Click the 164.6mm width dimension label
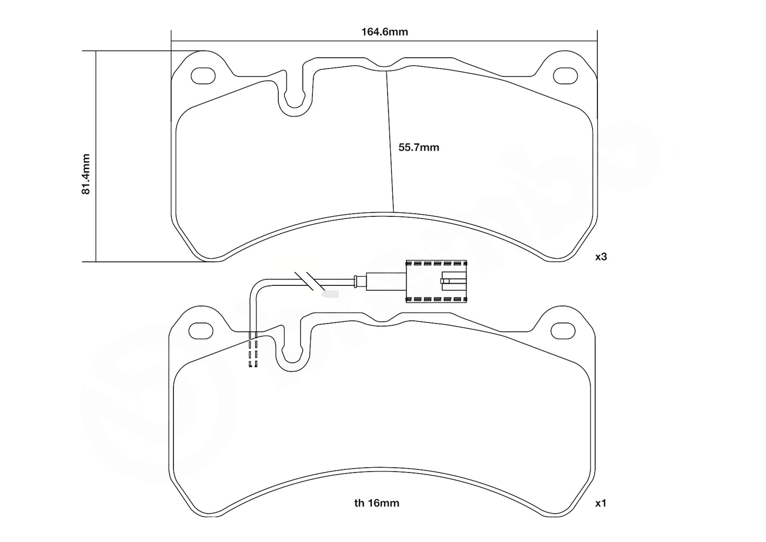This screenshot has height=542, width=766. tap(384, 32)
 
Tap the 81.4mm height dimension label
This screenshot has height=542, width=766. tap(86, 174)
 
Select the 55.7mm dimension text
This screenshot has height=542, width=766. tap(419, 147)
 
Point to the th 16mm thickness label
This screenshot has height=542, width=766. tap(376, 503)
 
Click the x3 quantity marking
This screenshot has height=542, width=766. tap(601, 257)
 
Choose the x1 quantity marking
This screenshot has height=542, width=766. tap(601, 503)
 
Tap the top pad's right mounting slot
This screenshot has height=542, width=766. tap(565, 76)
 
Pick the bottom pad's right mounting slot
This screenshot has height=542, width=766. tap(563, 330)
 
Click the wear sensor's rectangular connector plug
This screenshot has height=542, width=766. tap(436, 281)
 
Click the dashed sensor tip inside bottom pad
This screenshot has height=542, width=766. tap(253, 350)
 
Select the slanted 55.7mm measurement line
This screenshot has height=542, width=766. tap(390, 141)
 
